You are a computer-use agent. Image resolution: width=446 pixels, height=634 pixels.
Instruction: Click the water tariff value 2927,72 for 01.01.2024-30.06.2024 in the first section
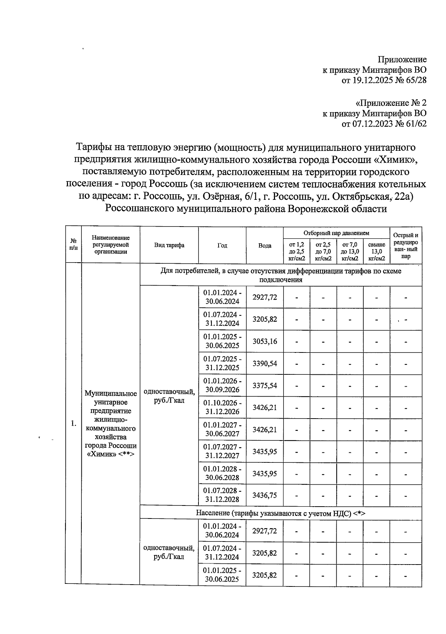tap(265, 297)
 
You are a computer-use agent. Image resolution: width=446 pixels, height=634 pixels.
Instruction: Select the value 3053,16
tap(265, 341)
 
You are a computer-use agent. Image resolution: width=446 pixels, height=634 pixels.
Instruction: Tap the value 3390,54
tap(265, 363)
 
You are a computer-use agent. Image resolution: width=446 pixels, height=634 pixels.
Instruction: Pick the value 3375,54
tap(265, 386)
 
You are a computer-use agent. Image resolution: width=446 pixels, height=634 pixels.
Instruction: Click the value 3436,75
tap(265, 495)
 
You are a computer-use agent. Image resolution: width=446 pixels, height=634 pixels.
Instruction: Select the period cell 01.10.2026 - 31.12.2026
tap(222, 407)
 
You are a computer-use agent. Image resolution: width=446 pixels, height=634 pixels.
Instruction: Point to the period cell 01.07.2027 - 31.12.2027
tap(222, 451)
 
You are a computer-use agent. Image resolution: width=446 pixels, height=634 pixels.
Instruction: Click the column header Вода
tap(265, 246)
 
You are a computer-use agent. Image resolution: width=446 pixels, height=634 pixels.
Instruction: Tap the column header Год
tap(222, 246)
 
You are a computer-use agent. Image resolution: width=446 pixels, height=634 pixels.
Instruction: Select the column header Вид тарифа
tap(169, 245)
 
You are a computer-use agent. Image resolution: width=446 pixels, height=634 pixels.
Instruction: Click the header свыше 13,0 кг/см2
tap(376, 251)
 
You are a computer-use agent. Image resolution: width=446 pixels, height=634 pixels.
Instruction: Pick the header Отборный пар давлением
tap(336, 233)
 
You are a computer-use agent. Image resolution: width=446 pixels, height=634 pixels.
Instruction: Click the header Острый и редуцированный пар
tap(405, 245)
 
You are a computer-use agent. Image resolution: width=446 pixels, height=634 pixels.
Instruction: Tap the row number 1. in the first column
tap(74, 423)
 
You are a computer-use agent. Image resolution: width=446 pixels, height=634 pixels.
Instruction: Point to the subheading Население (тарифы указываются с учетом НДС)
tap(281, 513)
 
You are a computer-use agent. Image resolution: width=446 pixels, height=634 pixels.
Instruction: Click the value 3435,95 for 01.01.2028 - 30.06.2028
tap(265, 474)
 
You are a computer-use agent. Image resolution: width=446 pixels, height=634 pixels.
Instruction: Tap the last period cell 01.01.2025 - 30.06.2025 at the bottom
tap(222, 575)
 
